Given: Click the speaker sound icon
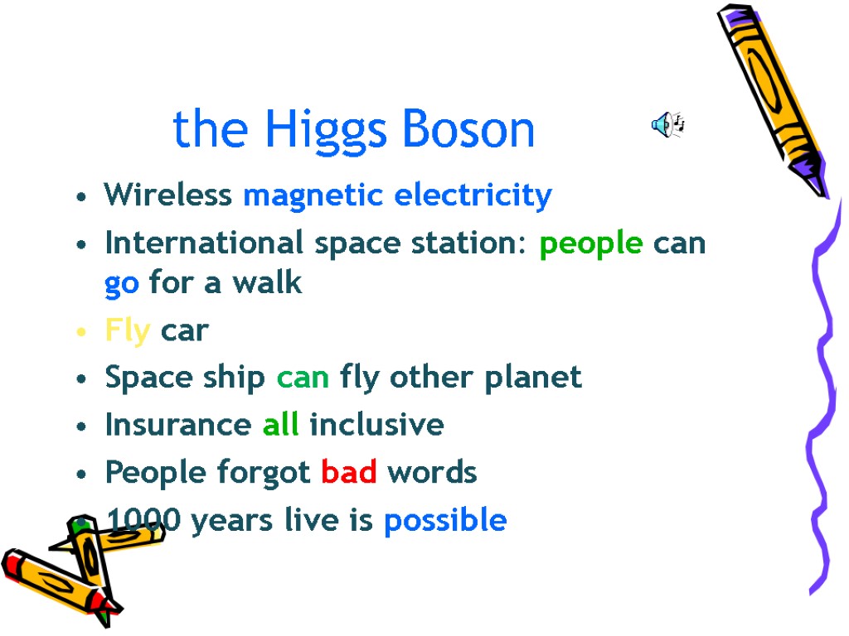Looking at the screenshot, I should pyautogui.click(x=667, y=125).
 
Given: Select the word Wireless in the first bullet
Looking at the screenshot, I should pyautogui.click(x=167, y=195).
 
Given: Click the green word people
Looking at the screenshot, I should pyautogui.click(x=590, y=243).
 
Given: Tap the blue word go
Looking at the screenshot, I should pyautogui.click(x=122, y=284).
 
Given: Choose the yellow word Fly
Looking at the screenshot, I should pyautogui.click(x=127, y=331).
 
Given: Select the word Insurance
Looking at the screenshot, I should pyautogui.click(x=177, y=425).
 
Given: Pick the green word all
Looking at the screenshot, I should pyautogui.click(x=281, y=425).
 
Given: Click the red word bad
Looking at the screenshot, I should pyautogui.click(x=348, y=472).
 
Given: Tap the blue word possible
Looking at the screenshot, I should pyautogui.click(x=445, y=521).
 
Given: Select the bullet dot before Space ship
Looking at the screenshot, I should pyautogui.click(x=80, y=378).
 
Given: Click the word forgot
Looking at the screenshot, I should pyautogui.click(x=264, y=473).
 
